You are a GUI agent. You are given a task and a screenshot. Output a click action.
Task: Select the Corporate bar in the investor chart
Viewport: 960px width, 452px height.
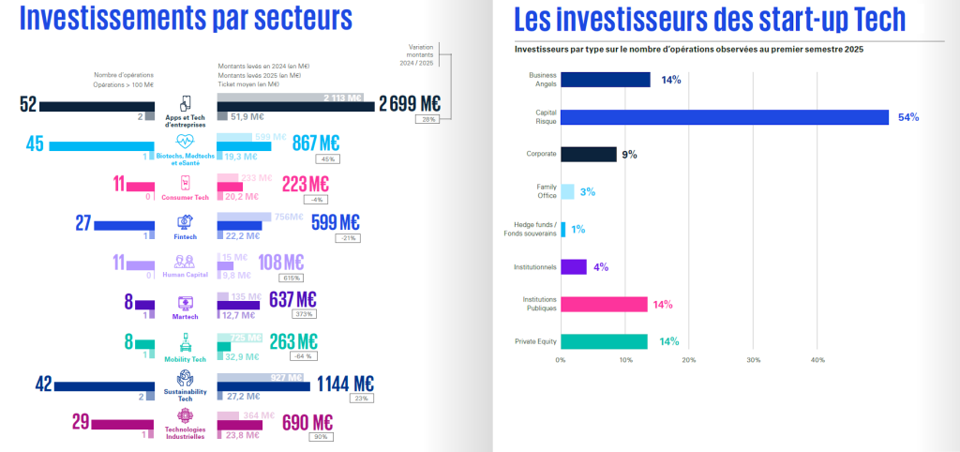click(588, 155)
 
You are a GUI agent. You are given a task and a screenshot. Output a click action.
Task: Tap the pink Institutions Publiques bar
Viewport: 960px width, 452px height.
click(604, 304)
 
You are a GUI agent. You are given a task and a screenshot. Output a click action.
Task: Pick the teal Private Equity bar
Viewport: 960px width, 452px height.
click(604, 341)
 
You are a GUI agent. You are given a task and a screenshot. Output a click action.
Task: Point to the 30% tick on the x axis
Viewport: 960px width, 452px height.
click(753, 360)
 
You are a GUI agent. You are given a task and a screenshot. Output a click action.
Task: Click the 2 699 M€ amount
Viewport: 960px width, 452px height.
click(410, 103)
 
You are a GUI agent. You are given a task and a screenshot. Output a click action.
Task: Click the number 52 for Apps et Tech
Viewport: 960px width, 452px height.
click(28, 104)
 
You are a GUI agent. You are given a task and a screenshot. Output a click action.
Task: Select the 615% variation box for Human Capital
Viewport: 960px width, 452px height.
click(291, 279)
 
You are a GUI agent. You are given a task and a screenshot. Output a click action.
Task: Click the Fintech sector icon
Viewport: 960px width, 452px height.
click(185, 222)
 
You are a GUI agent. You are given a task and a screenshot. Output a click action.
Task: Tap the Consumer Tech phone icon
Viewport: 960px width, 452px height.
click(185, 183)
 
